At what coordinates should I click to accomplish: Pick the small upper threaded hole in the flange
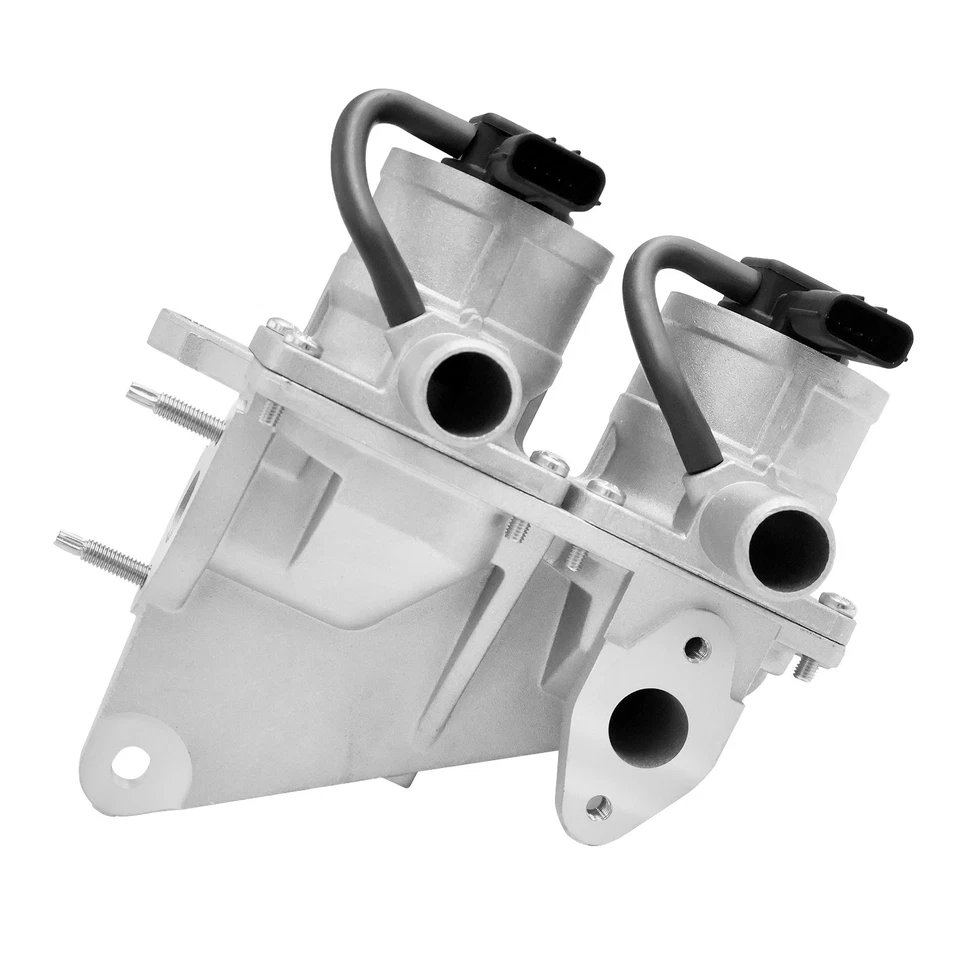click(x=698, y=650)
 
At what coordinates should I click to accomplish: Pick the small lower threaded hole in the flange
click(x=599, y=805)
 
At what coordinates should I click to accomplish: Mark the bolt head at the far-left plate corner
click(x=281, y=327)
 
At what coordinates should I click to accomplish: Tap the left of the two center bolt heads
click(x=549, y=461)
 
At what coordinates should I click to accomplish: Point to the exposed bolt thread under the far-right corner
click(x=805, y=666)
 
